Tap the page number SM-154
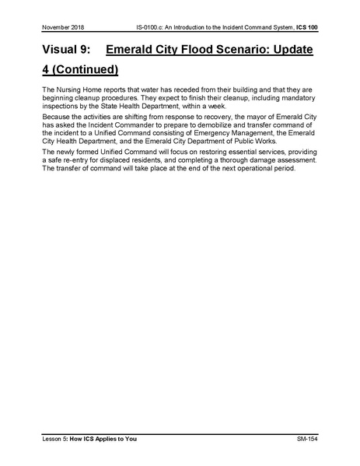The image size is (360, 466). (307, 440)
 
